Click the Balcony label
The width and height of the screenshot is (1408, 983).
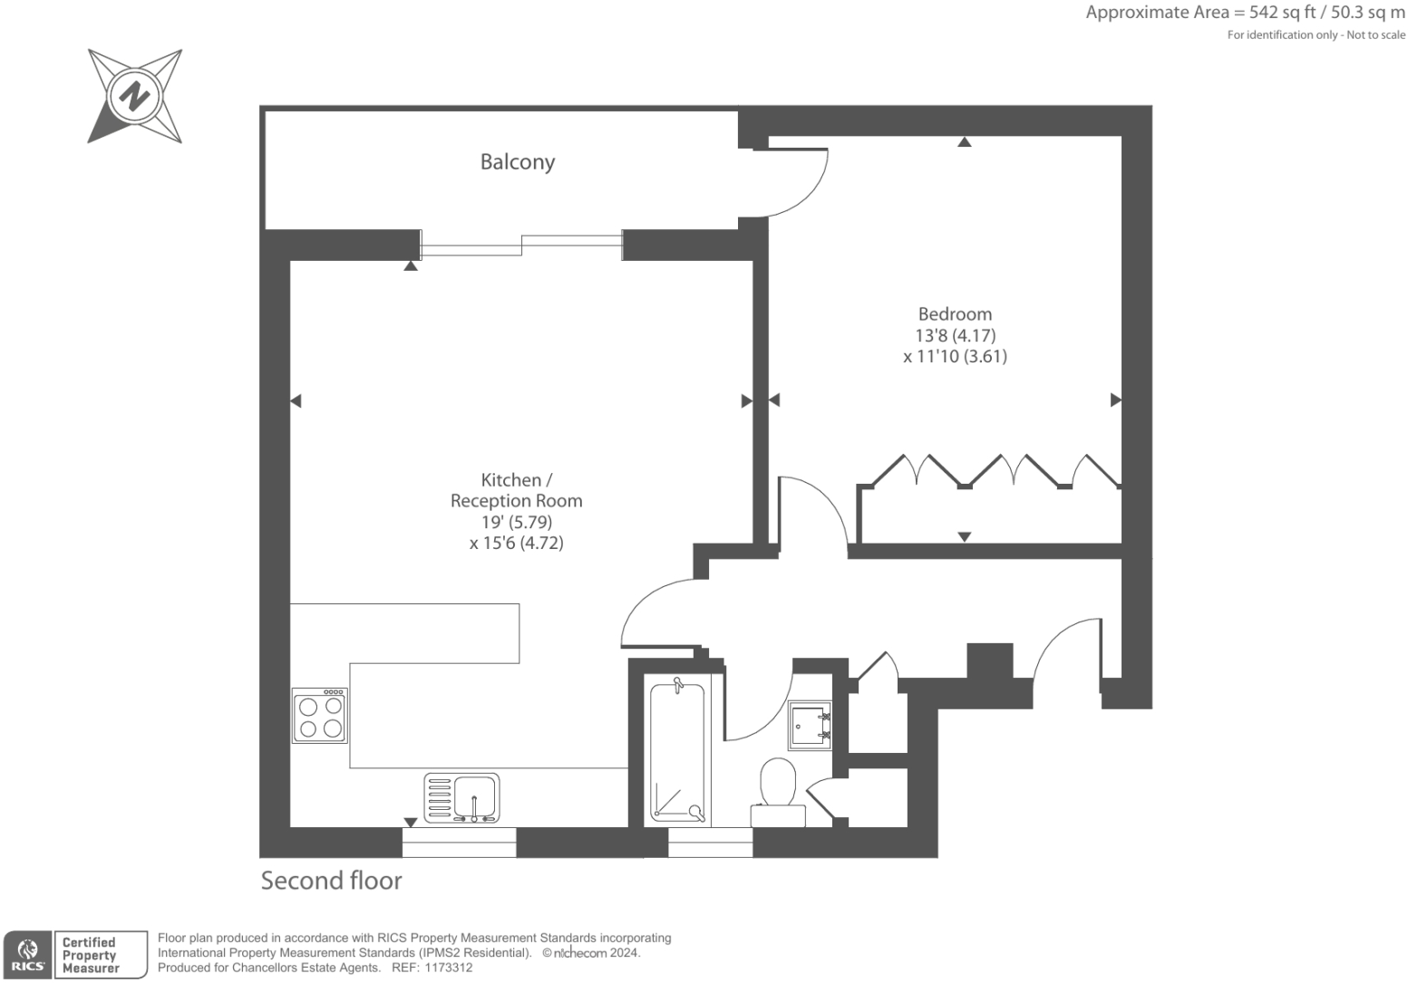pos(517,162)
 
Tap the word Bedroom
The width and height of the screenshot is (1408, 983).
pos(955,314)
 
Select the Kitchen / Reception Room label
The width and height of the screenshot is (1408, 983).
pos(516,490)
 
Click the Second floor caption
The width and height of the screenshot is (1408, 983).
pos(331,881)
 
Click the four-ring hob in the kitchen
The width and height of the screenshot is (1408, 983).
pos(320,716)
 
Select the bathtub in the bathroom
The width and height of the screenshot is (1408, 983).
pos(677,751)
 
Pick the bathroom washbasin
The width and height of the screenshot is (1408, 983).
pos(809,724)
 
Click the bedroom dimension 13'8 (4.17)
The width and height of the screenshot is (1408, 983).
pos(955,335)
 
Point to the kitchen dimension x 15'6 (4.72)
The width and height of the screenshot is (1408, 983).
pos(516,544)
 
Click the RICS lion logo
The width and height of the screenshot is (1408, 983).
pos(27,955)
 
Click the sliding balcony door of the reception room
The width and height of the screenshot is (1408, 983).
pos(521,245)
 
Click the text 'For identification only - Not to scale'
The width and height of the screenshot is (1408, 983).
pos(1316,35)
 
